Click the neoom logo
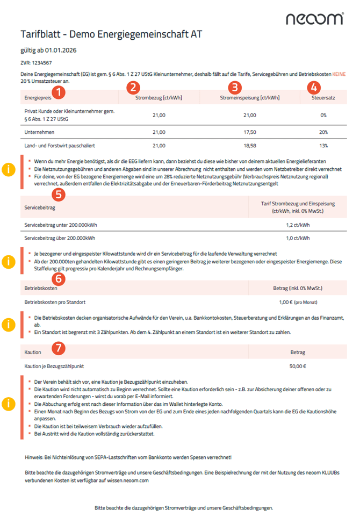(314, 19)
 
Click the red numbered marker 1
(61, 92)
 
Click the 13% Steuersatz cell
(323, 146)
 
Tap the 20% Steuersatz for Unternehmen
(323, 132)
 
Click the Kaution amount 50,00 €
(297, 367)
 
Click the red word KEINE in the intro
(340, 73)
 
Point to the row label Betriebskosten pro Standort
(55, 303)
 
